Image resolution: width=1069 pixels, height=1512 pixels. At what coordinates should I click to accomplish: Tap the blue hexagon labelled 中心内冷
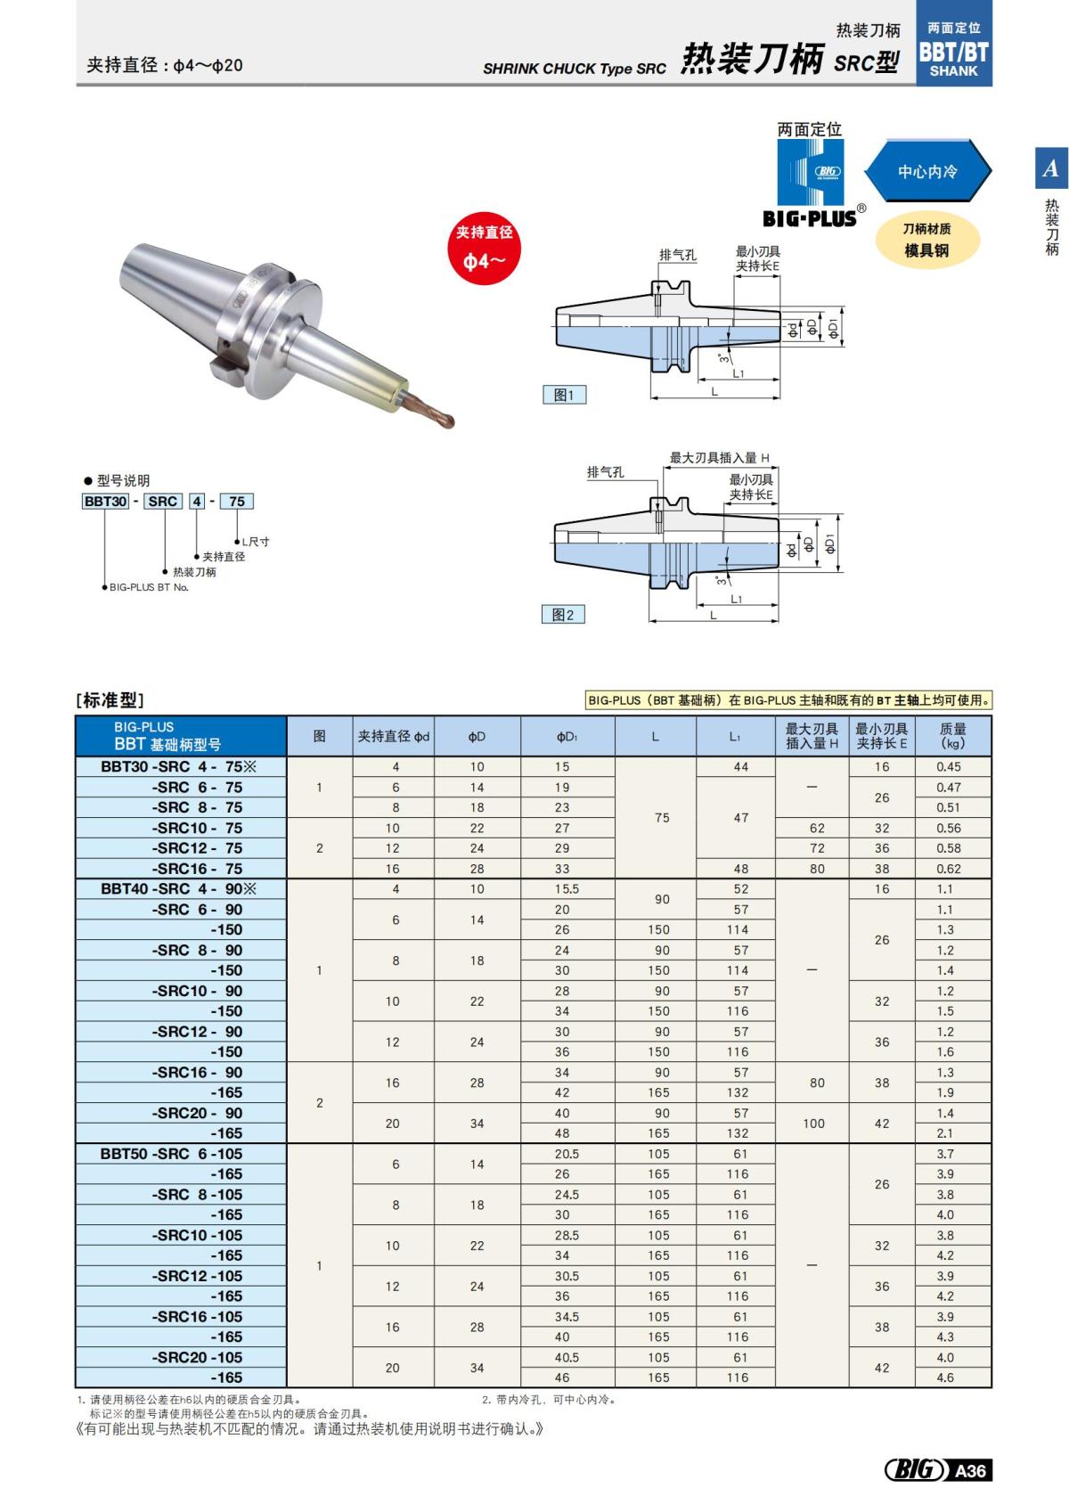[x=927, y=171]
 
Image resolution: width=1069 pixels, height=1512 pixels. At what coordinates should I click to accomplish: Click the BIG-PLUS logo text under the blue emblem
[x=809, y=218]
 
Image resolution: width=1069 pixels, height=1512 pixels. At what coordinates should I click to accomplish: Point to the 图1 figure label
[x=564, y=395]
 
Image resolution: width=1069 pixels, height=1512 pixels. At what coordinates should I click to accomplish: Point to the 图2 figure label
[x=563, y=614]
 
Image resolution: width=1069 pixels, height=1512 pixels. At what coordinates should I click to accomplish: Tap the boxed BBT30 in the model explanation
[x=105, y=502]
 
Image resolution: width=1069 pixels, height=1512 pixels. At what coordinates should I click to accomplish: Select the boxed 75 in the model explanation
[x=236, y=502]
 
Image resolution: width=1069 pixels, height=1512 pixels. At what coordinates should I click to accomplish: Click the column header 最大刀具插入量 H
[x=812, y=736]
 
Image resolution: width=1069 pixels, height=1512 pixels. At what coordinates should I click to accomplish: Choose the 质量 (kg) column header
[x=952, y=736]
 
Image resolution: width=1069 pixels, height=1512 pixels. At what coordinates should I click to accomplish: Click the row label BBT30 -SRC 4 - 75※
[x=178, y=766]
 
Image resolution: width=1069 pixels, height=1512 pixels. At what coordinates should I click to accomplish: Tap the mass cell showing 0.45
[x=949, y=766]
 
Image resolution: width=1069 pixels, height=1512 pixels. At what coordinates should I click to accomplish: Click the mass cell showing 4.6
[x=945, y=1377]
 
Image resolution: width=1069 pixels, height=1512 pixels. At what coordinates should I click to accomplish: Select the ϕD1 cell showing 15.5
[x=567, y=889]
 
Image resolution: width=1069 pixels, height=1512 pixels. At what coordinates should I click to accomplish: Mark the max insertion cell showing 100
[x=813, y=1124]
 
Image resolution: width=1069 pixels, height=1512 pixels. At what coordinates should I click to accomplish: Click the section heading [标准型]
[x=110, y=700]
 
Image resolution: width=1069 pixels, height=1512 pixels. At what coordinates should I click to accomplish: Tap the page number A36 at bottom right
[x=969, y=1470]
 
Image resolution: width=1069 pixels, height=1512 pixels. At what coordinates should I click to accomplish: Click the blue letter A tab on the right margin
[x=1051, y=168]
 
